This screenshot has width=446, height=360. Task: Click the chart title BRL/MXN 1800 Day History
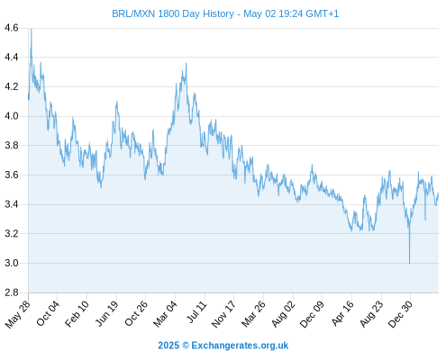[173, 13]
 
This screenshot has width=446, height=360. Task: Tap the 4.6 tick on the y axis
[12, 28]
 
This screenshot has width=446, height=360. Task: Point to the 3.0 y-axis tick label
[12, 263]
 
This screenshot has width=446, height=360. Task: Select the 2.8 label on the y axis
[12, 292]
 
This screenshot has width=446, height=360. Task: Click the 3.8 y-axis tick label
[12, 146]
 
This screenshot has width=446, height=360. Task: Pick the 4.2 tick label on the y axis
[12, 86]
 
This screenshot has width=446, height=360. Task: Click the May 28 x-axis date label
[18, 314]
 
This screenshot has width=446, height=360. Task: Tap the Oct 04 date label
[48, 313]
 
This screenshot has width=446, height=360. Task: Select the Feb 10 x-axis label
[77, 313]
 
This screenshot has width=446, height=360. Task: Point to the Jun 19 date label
[107, 313]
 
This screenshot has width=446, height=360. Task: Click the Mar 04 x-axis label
[165, 314]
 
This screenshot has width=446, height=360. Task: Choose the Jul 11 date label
[197, 311]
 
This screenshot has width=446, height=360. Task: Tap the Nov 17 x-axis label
[223, 314]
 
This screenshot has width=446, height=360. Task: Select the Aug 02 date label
[283, 314]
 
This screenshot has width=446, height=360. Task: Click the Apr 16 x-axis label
[342, 313]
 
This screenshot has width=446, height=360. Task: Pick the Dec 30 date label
[400, 314]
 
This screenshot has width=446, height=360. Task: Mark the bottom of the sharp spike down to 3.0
[409, 263]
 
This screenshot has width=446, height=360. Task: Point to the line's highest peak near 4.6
[32, 30]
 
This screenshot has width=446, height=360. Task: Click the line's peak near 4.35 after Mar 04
[187, 63]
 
